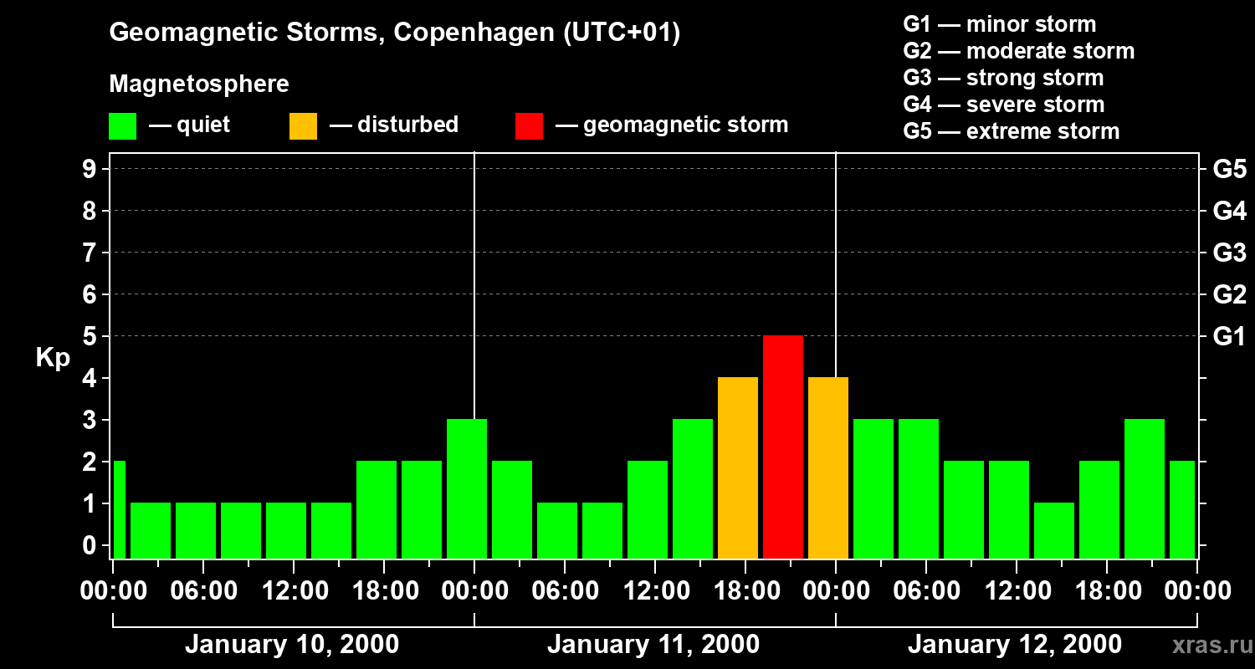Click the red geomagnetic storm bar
coord(783,447)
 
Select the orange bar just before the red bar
coord(738,467)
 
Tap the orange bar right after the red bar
coord(828,467)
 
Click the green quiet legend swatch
coord(122,125)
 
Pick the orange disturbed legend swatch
coord(303,125)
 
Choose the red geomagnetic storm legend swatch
coord(529,125)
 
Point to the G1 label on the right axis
coord(1229,337)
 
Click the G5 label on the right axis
coord(1229,170)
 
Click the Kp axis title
coord(53,358)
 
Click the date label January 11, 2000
coord(653,645)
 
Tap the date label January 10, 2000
coord(292,645)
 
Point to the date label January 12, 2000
coord(1015,645)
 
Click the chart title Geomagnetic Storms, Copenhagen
coord(394,33)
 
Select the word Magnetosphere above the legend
coord(199,84)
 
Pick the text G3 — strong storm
coord(1003,78)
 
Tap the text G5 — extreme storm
coord(1011,131)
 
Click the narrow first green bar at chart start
coord(119,509)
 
